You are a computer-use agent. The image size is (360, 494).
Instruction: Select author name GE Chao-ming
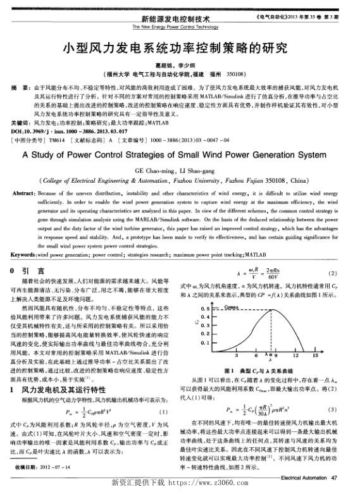coord(158,171)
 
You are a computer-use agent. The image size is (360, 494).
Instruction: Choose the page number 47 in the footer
coord(342,476)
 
